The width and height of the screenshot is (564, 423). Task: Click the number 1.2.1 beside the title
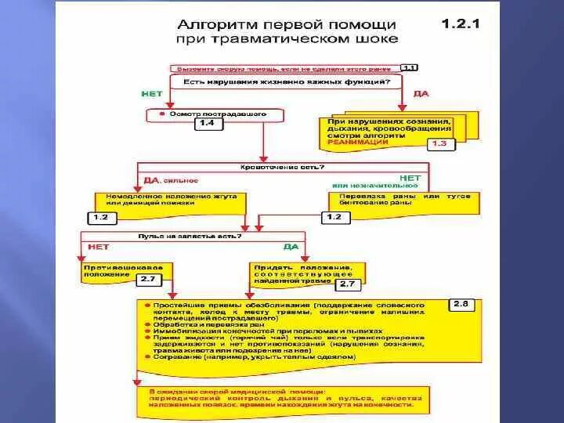(x=461, y=23)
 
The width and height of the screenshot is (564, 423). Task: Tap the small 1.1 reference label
(x=410, y=68)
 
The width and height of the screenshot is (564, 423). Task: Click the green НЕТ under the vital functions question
(x=152, y=94)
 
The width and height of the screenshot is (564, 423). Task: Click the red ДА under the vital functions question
(x=421, y=94)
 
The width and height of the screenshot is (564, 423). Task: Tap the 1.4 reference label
(x=208, y=124)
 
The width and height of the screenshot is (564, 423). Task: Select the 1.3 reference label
(x=439, y=144)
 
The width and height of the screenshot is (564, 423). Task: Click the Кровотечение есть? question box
(x=282, y=167)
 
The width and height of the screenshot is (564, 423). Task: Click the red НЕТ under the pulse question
(x=99, y=247)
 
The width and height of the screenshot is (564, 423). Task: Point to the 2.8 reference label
(x=461, y=304)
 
